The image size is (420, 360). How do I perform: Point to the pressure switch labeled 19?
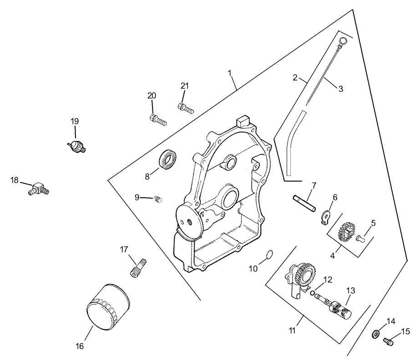(76, 145)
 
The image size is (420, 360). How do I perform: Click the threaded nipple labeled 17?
(137, 267)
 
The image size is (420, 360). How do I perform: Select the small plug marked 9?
(157, 199)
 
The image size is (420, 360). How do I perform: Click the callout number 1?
(230, 73)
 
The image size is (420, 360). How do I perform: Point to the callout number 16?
(79, 346)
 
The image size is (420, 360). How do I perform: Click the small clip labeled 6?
(325, 216)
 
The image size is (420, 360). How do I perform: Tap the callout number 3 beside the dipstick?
(340, 89)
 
